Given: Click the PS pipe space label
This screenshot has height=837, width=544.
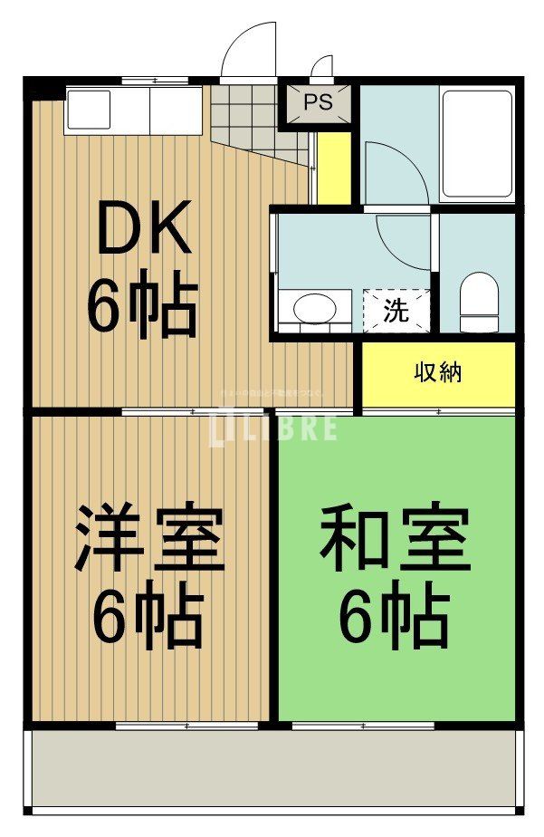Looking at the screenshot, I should pos(318,102).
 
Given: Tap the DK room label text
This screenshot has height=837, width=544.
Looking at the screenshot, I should pos(144,229).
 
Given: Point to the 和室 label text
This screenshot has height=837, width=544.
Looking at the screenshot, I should pos(395,540).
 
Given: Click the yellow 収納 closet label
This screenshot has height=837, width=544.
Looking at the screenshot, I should pos(439,372).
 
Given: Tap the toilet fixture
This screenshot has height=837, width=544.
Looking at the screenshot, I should pos(479,303).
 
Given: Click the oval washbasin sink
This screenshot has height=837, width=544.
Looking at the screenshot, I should pos(313,308).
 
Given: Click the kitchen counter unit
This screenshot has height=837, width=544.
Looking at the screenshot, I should pos(134,111).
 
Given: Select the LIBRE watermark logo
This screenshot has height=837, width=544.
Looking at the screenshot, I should pos(273,426).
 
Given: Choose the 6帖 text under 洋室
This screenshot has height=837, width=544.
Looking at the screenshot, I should pos(147,620).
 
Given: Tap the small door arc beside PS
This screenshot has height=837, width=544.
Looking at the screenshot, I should pos(322,69).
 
